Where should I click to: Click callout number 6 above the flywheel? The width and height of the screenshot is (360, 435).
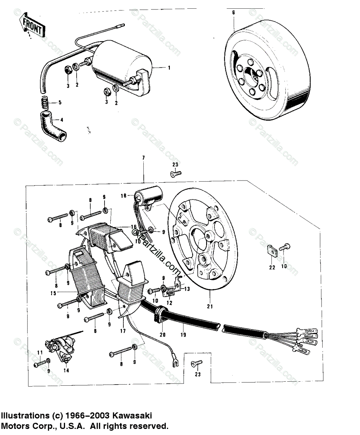[233, 12]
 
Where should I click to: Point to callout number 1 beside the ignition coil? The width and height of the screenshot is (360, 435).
[169, 67]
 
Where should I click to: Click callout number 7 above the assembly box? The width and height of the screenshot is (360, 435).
[143, 158]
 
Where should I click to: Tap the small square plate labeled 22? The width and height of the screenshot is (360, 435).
[271, 250]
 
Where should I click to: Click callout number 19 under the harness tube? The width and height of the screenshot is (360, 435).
[183, 335]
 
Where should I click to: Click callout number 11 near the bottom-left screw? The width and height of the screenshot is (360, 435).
[40, 352]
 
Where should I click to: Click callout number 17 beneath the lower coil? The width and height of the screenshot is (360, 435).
[122, 331]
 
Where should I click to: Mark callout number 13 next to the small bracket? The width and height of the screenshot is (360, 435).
[187, 289]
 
